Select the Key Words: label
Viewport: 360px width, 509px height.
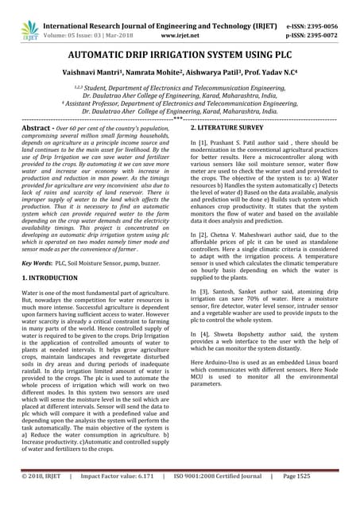coord(37,261)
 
